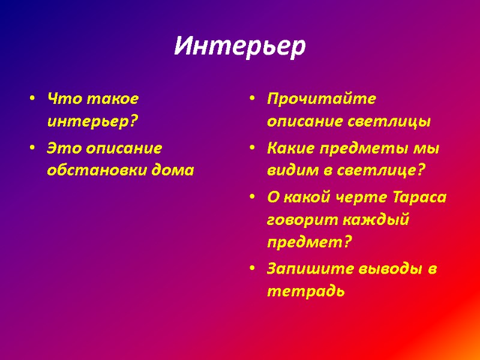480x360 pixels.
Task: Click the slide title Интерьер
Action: point(240,46)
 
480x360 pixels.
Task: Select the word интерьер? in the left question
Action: point(92,122)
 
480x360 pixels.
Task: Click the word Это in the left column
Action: point(62,146)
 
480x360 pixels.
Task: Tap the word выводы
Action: point(391,269)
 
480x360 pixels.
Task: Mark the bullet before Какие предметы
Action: point(254,147)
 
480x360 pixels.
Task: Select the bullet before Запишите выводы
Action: point(254,269)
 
